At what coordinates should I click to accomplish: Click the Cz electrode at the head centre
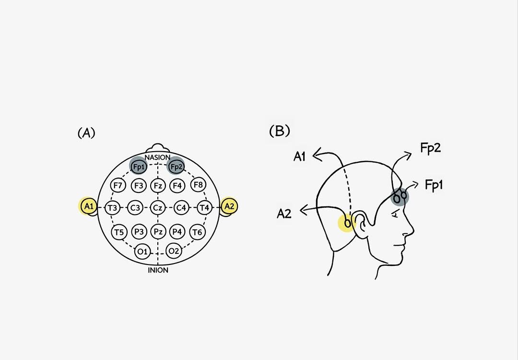tap(157, 208)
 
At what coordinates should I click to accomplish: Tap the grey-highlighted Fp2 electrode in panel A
tap(176, 167)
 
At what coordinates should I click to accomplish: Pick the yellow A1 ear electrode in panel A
tap(87, 207)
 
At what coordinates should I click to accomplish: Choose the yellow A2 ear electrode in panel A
tap(229, 206)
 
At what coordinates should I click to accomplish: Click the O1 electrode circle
tap(142, 251)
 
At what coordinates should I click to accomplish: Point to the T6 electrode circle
tap(197, 232)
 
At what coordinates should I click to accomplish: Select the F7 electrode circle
tap(118, 185)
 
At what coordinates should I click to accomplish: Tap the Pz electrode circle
tap(158, 232)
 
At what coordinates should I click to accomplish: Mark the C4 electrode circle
tap(181, 208)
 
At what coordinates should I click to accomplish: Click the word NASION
tap(157, 157)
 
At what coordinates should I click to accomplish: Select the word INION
tap(158, 270)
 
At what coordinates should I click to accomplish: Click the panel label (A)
tap(86, 133)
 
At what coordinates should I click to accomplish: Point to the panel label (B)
tap(280, 131)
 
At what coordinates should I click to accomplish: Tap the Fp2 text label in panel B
tap(430, 148)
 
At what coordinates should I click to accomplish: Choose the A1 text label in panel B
tap(300, 156)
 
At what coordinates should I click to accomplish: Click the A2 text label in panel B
tap(284, 214)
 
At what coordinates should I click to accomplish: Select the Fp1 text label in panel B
tap(434, 185)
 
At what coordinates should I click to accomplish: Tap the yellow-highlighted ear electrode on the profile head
tap(347, 223)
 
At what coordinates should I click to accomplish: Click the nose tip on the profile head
tap(413, 231)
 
